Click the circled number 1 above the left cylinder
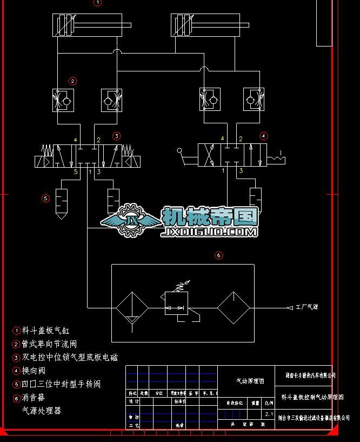[x=97, y=3]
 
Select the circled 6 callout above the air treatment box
[x=219, y=255]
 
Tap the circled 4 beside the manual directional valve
[x=264, y=136]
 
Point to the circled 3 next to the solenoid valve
[x=116, y=136]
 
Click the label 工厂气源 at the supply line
[x=306, y=307]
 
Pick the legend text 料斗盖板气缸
[x=46, y=331]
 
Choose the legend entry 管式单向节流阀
[x=49, y=344]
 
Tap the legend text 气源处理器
[x=42, y=411]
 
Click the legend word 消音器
[x=34, y=398]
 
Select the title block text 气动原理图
[x=250, y=381]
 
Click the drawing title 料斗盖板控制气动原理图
[x=312, y=397]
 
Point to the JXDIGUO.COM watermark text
[x=209, y=233]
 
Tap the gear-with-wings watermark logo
[x=131, y=220]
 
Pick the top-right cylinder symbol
[x=210, y=25]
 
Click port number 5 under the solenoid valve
[x=76, y=171]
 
